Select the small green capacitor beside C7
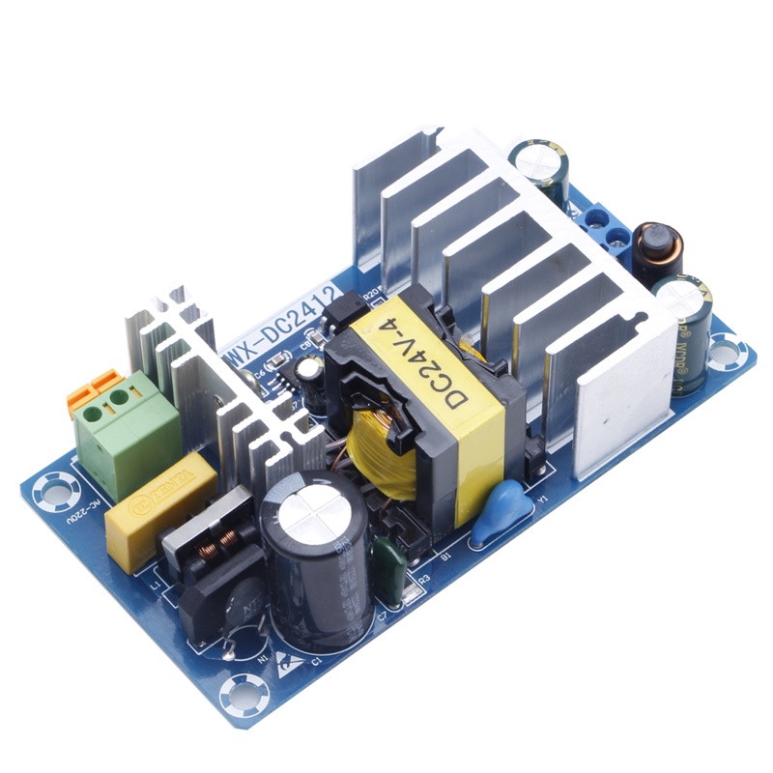pos(390,560)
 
